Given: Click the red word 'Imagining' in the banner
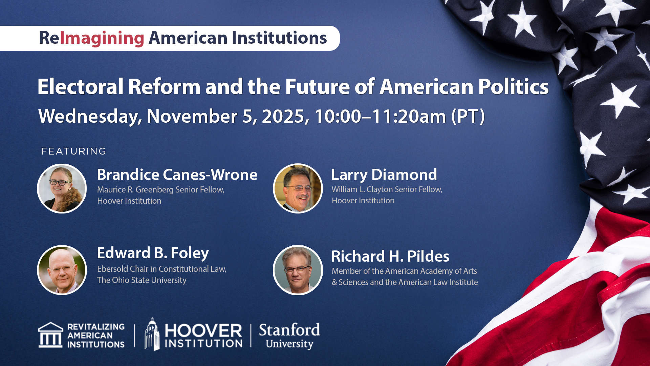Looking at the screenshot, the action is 102,38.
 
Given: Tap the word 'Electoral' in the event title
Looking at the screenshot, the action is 80,86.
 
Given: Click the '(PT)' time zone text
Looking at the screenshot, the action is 468,116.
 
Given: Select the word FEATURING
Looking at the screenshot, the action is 74,151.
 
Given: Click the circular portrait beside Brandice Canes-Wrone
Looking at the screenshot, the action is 62,188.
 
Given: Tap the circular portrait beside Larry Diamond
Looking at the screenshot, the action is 298,188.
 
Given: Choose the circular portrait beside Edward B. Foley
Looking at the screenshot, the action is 62,270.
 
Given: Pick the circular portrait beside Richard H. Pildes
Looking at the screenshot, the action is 298,270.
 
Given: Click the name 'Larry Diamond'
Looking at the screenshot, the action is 384,175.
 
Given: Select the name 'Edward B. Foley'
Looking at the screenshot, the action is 153,253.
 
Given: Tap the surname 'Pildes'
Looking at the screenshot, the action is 428,257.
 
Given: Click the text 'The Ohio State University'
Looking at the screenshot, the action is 142,280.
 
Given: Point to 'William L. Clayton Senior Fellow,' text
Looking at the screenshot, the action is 387,189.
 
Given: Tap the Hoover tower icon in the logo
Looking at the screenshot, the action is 152,334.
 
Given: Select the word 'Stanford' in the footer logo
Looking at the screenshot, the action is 289,330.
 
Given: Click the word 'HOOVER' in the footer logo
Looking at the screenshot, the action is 203,330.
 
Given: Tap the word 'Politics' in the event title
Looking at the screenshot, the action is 514,86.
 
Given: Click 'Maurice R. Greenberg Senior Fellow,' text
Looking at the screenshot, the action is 161,190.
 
